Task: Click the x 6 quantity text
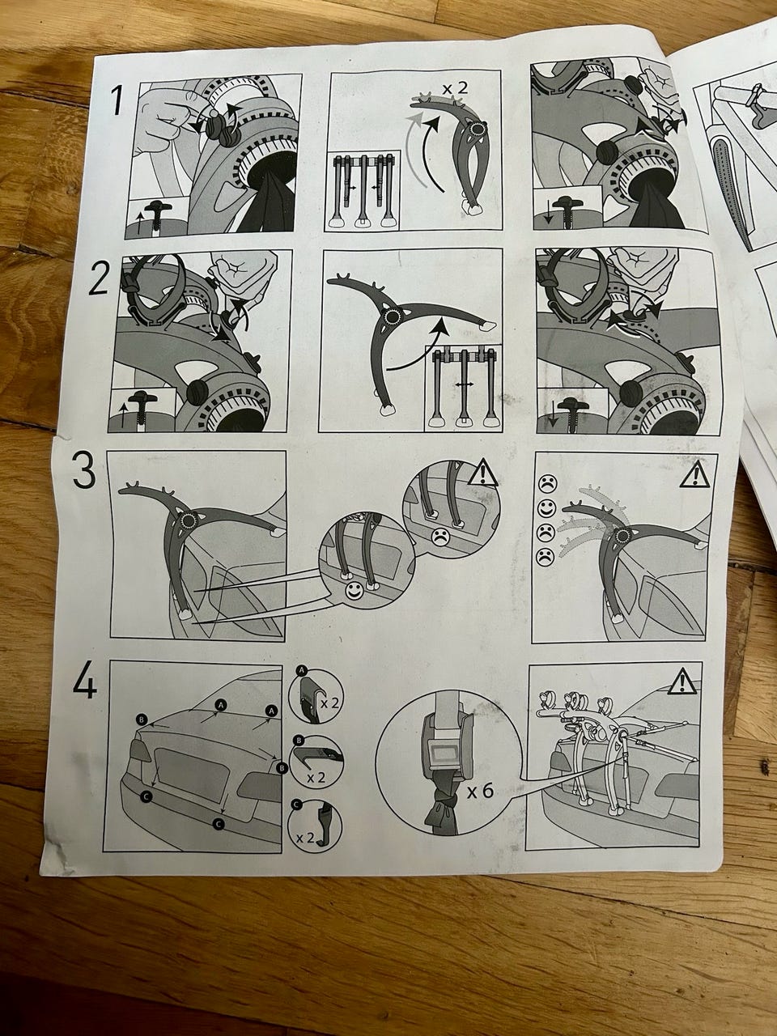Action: point(480,792)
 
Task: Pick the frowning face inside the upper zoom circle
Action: point(440,537)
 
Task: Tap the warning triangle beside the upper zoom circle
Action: point(482,473)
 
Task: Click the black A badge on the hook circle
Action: point(301,670)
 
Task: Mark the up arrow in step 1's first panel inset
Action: point(138,222)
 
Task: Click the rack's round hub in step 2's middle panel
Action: point(391,316)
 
